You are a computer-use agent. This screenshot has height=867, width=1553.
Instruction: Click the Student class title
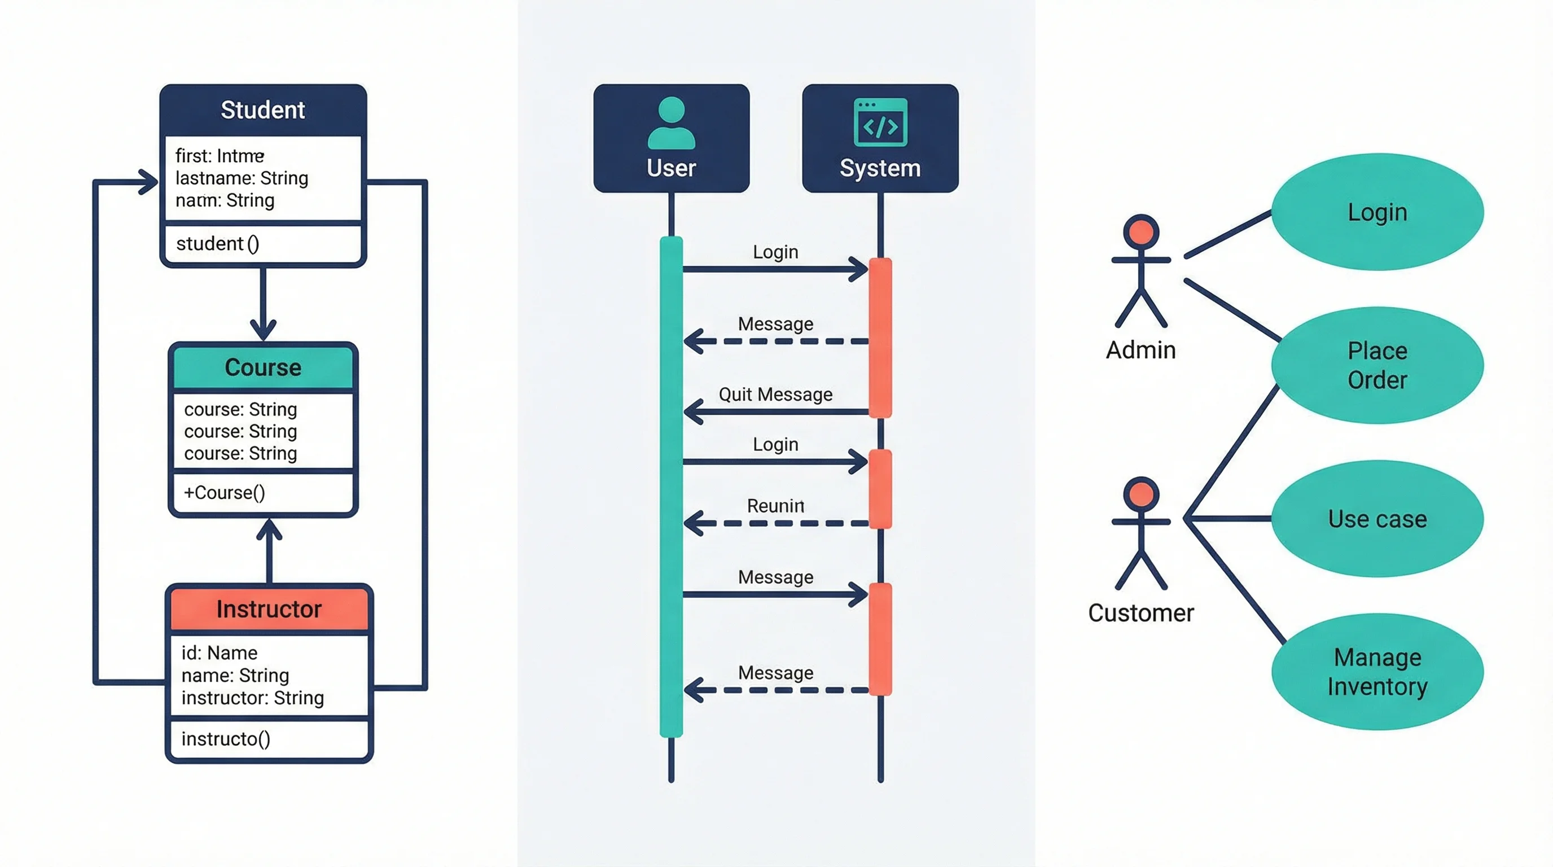click(x=262, y=110)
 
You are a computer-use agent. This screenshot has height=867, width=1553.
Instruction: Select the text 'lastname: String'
click(x=242, y=178)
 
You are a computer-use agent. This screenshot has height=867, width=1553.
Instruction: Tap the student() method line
click(x=218, y=244)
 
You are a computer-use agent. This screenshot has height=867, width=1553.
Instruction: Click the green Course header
click(x=263, y=367)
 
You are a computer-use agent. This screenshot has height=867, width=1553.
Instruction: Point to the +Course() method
click(x=224, y=493)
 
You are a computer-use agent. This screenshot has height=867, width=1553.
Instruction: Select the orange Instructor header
click(x=269, y=609)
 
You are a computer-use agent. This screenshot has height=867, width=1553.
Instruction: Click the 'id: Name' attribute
click(x=220, y=653)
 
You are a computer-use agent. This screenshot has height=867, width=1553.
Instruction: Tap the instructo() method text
click(x=226, y=738)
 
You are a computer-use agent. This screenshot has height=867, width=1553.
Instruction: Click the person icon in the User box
click(x=671, y=123)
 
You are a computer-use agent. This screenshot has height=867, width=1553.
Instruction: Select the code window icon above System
click(x=880, y=122)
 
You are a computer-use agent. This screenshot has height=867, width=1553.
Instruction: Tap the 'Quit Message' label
click(x=775, y=395)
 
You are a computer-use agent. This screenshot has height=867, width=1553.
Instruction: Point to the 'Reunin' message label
click(x=775, y=506)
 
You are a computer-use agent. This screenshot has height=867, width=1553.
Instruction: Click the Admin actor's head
click(x=1140, y=231)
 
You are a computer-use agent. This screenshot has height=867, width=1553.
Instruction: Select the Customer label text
click(x=1140, y=613)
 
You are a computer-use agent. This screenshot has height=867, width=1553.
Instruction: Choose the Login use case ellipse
click(x=1377, y=212)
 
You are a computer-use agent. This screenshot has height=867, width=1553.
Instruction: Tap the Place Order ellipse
click(x=1377, y=365)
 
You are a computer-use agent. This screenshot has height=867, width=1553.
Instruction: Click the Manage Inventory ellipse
click(x=1377, y=672)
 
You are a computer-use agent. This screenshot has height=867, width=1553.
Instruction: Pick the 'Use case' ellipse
click(x=1377, y=519)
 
